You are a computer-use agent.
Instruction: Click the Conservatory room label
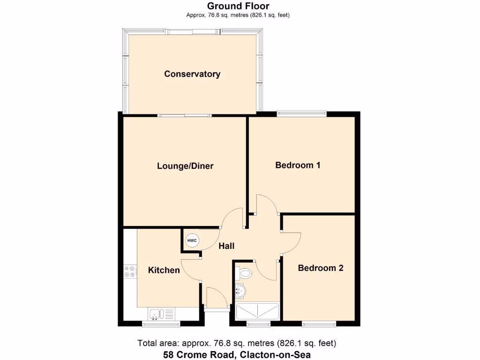[x=192, y=74]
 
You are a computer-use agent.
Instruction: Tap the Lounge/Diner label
[x=185, y=166]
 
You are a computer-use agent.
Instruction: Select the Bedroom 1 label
[x=298, y=165]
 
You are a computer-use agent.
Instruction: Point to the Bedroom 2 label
[x=321, y=268]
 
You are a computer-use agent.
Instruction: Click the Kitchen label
[x=164, y=270]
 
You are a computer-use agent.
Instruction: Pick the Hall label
[x=226, y=246]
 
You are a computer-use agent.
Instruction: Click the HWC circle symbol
[x=192, y=241]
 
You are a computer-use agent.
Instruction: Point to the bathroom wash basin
[x=240, y=291]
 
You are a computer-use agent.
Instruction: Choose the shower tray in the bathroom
[x=257, y=311]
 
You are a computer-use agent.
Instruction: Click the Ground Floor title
[x=238, y=6]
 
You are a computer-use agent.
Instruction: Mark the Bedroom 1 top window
[x=301, y=113]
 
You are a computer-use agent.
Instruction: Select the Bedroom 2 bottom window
[x=319, y=324]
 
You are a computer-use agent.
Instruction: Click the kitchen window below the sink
[x=161, y=324]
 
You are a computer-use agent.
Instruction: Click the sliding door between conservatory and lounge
[x=184, y=115]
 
